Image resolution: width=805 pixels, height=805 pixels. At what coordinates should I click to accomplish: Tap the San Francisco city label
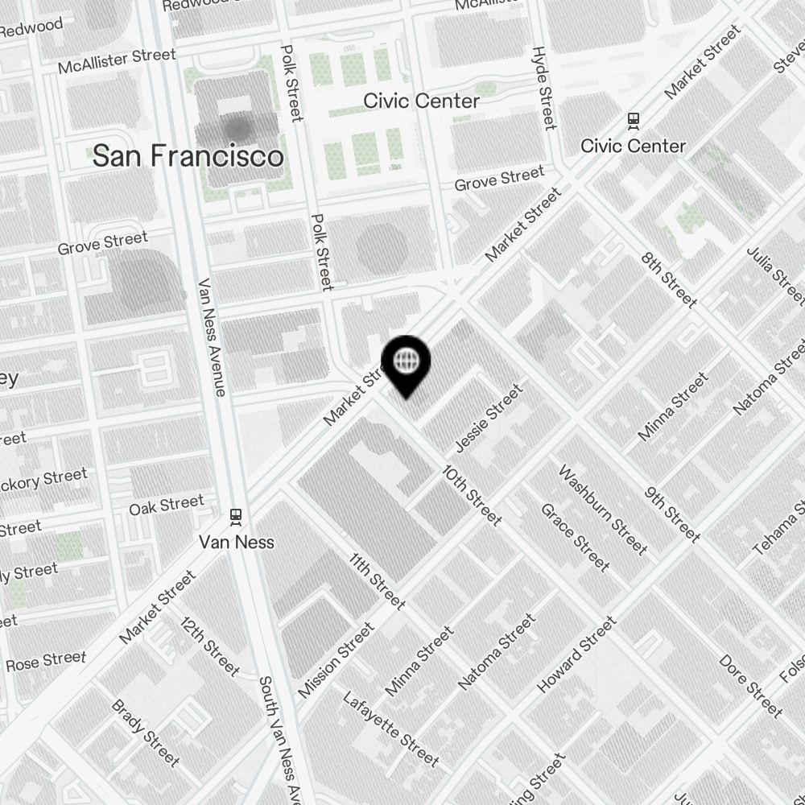[x=188, y=156]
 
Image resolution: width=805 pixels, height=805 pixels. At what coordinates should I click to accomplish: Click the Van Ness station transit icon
[x=236, y=515]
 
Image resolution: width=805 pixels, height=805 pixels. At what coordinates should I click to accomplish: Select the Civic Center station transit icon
[x=634, y=121]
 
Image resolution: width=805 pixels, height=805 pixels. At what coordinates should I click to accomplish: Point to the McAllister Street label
[x=117, y=61]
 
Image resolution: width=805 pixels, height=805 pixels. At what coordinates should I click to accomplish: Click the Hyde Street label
[x=544, y=88]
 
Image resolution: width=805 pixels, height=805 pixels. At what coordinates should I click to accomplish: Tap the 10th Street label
[x=473, y=495]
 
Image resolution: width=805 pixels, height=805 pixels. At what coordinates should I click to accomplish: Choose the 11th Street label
[x=377, y=580]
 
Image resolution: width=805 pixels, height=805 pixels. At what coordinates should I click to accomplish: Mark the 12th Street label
[x=210, y=646]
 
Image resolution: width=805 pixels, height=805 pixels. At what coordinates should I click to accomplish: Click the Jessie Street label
[x=489, y=418]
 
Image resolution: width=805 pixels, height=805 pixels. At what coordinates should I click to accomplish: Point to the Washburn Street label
[x=603, y=510]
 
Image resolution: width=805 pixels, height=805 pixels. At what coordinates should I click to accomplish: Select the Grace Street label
[x=575, y=537]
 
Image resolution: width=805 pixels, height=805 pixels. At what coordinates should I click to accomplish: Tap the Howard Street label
[x=577, y=654]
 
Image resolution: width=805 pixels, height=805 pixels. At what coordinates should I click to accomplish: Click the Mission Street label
[x=336, y=660]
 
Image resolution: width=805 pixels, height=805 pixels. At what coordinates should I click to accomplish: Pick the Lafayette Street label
[x=391, y=729]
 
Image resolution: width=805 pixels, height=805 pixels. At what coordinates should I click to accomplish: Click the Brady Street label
[x=146, y=733]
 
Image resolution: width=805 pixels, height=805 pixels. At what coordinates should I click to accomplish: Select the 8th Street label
[x=669, y=279]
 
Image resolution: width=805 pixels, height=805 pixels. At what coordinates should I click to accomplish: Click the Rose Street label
[x=46, y=662]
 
